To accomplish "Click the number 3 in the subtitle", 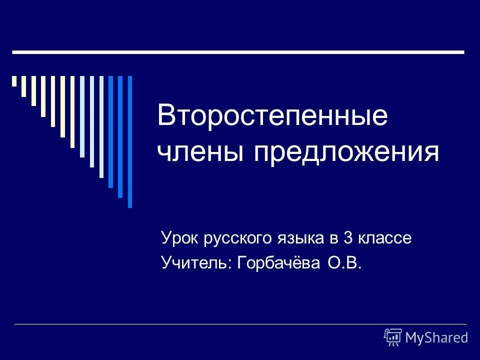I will [348, 239].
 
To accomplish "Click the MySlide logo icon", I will [393, 337].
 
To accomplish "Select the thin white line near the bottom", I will [240, 324].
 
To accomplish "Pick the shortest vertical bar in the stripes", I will [14, 81].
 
